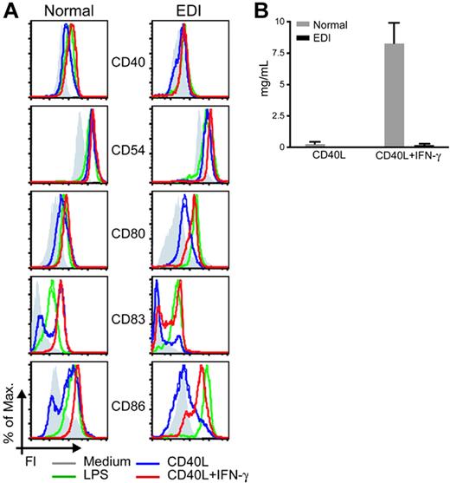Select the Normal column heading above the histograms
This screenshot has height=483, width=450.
click(x=64, y=11)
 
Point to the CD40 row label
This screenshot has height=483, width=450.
click(x=127, y=62)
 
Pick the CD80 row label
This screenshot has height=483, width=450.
click(x=127, y=235)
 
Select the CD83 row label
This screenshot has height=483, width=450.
click(x=127, y=320)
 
